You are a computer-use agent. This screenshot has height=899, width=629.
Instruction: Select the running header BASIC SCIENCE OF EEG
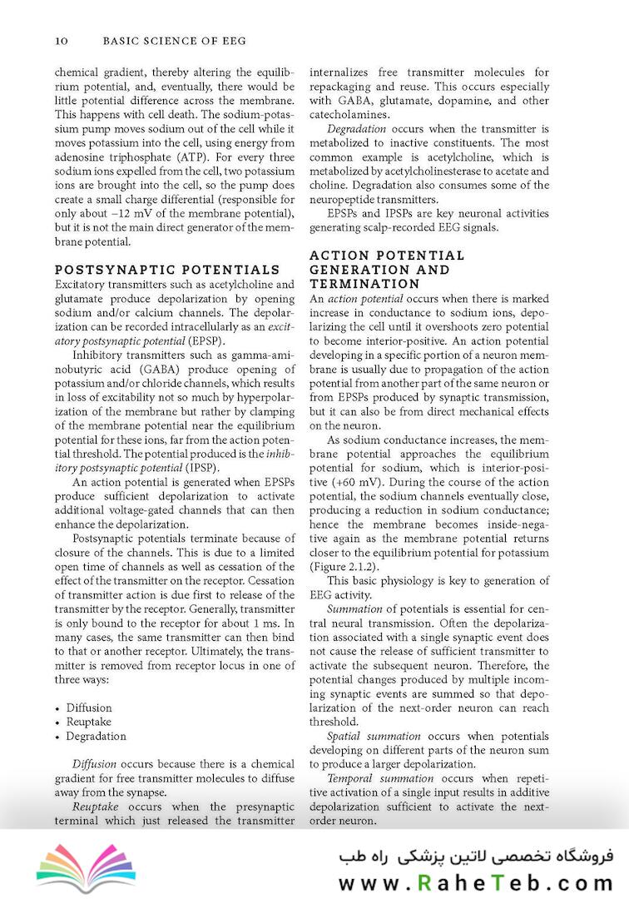pos(174,40)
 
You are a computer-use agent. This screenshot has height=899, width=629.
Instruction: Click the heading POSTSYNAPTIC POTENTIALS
pos(166,270)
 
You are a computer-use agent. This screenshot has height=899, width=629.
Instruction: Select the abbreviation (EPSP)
pos(205,341)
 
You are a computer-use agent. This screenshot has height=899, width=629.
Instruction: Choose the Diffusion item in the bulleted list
pos(89,708)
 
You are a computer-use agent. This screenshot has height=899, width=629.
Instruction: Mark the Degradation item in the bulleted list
pos(97,736)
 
